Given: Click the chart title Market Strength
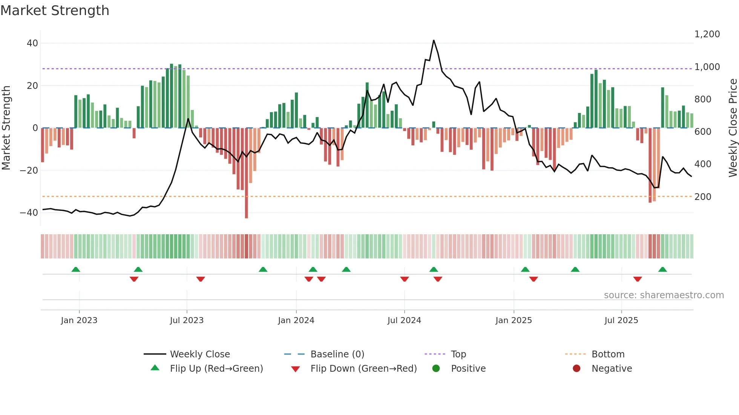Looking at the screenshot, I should point(55,11).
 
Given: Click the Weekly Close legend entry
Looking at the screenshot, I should point(199,354).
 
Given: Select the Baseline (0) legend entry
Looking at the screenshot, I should point(337,354).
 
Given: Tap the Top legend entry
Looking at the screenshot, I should point(458,354).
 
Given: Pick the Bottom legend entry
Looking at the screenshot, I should point(608,354).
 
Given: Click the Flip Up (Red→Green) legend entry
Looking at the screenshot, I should point(216,369).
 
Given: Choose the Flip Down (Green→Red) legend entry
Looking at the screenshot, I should point(363,369).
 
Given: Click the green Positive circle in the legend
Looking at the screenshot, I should point(436,369).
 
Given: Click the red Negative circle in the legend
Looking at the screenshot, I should point(576,369).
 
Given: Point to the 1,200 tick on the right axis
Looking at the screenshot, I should point(707,34).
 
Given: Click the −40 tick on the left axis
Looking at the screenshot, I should point(29,213).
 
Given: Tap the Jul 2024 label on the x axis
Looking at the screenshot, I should point(404,320).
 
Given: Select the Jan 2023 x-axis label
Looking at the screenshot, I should point(79,320).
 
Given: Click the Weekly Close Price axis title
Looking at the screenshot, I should point(733,128).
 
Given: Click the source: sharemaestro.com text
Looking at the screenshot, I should point(664,295).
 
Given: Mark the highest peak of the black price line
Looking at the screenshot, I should point(434,40).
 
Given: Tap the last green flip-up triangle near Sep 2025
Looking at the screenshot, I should point(662,270).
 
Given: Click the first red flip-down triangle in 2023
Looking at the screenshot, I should point(134,279).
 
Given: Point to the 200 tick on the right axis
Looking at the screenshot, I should point(703,197).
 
